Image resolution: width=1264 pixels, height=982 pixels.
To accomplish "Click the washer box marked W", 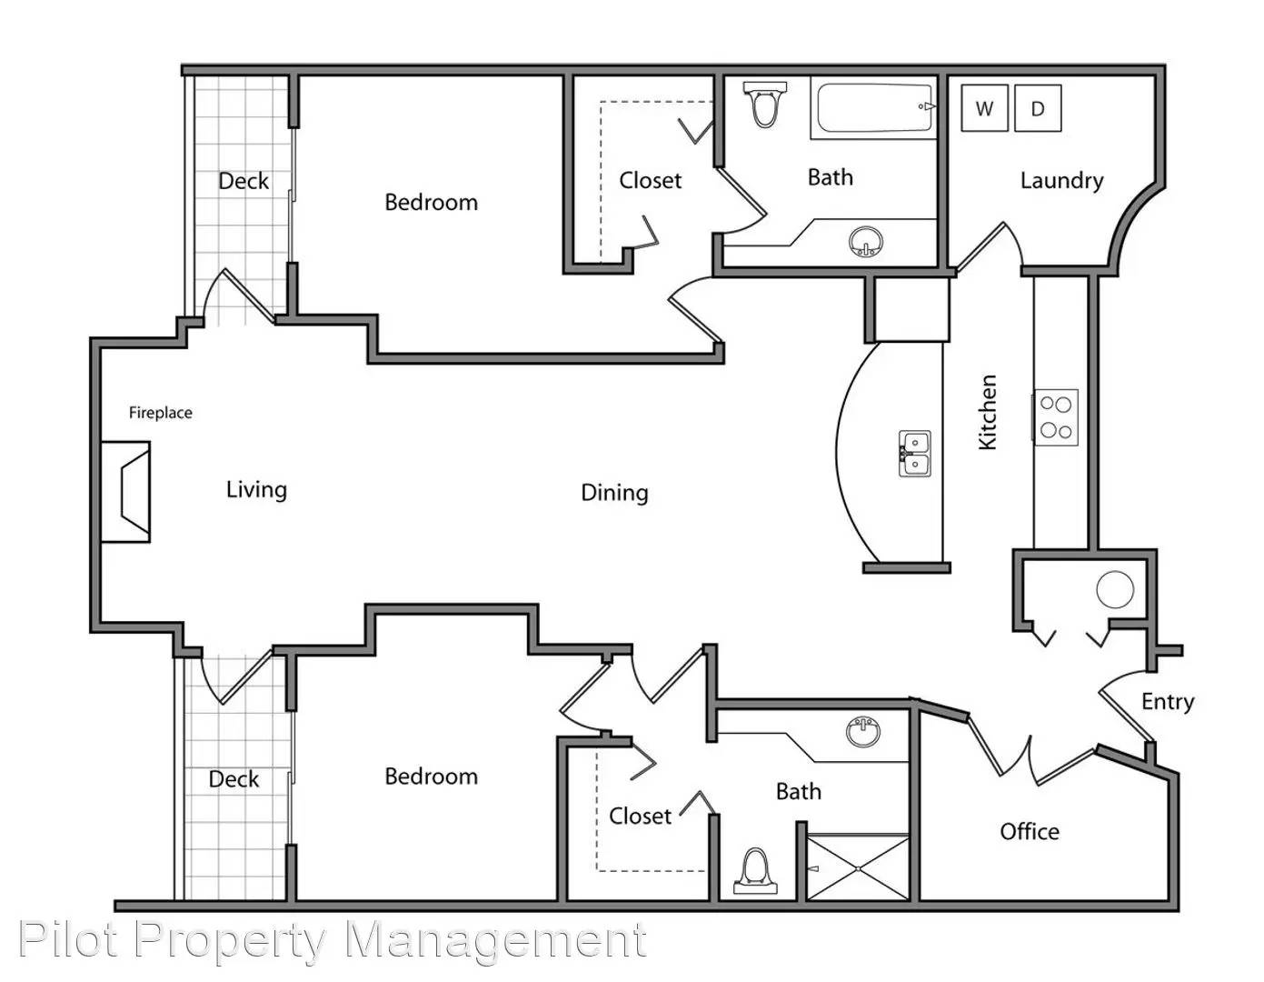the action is tap(984, 107).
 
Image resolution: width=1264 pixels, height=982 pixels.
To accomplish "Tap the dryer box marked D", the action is tap(1038, 107).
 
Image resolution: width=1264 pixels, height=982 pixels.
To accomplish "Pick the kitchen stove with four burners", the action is tap(1056, 417).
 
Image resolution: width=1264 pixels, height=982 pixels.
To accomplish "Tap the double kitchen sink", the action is tap(915, 454).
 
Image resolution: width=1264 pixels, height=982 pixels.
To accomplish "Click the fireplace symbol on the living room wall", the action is tap(126, 492).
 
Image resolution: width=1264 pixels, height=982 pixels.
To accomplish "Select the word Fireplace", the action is tap(161, 413).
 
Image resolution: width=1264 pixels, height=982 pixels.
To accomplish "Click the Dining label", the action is tap(614, 493).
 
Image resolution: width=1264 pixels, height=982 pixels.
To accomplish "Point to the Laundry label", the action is tap(1061, 180).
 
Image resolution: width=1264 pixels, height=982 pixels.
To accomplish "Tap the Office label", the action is tap(1030, 831).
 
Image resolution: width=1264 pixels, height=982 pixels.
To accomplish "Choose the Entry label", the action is tap(1168, 702).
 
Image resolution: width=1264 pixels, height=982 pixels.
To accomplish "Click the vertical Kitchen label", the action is tap(988, 412).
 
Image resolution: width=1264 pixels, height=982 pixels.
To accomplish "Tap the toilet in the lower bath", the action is tap(756, 871).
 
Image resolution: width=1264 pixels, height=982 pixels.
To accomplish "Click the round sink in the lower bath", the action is tap(863, 731).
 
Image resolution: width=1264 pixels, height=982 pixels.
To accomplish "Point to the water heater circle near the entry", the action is tap(1115, 589).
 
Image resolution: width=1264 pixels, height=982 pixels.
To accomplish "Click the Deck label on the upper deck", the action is tap(244, 181).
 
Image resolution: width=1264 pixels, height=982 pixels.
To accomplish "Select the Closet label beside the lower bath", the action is tap(640, 817).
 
